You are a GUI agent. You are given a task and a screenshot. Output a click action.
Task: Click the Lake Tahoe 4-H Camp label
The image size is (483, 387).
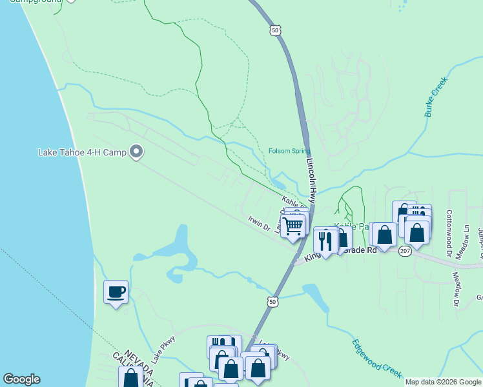click(82, 153)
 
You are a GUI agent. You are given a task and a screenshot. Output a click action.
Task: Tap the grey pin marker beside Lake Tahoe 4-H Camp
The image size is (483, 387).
click(136, 152)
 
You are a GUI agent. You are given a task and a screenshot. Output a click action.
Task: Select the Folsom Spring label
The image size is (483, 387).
click(289, 152)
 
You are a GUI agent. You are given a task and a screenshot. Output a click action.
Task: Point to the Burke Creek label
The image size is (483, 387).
click(436, 98)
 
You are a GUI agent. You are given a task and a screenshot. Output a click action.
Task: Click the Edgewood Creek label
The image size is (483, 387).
click(377, 359)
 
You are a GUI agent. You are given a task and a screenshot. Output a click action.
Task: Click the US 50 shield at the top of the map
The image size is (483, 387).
click(276, 30)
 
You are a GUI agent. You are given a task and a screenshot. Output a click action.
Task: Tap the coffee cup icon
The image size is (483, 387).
click(116, 292)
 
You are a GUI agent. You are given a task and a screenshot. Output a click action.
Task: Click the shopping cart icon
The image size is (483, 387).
click(293, 226)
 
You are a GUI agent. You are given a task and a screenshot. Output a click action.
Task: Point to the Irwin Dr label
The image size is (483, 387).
click(258, 223)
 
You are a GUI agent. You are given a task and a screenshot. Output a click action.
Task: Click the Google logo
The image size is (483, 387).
click(21, 379)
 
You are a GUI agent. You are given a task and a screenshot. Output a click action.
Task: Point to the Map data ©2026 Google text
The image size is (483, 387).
click(443, 382)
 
